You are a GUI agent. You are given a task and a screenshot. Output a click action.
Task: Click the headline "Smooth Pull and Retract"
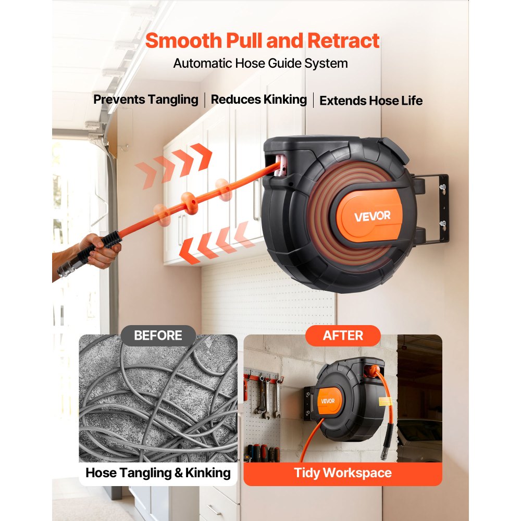[x=262, y=41]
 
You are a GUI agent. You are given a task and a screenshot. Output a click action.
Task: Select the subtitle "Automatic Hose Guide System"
[x=260, y=64]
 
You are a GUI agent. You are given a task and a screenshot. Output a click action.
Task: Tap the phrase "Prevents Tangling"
[x=146, y=100]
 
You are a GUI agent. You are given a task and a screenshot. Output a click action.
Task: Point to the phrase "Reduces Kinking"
[x=259, y=100]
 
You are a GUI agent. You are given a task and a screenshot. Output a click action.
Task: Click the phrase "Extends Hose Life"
[x=371, y=101]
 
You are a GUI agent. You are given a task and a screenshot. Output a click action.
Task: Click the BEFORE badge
[x=158, y=336]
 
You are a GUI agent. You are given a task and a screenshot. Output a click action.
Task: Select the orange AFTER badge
[x=343, y=336]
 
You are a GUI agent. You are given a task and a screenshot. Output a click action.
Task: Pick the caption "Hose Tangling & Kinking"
[x=158, y=473]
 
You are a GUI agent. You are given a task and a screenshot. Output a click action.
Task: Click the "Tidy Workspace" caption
[x=343, y=473]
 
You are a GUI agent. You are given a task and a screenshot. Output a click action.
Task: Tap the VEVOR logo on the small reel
[x=328, y=401]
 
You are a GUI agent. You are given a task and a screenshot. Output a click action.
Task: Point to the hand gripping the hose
[x=99, y=249]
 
